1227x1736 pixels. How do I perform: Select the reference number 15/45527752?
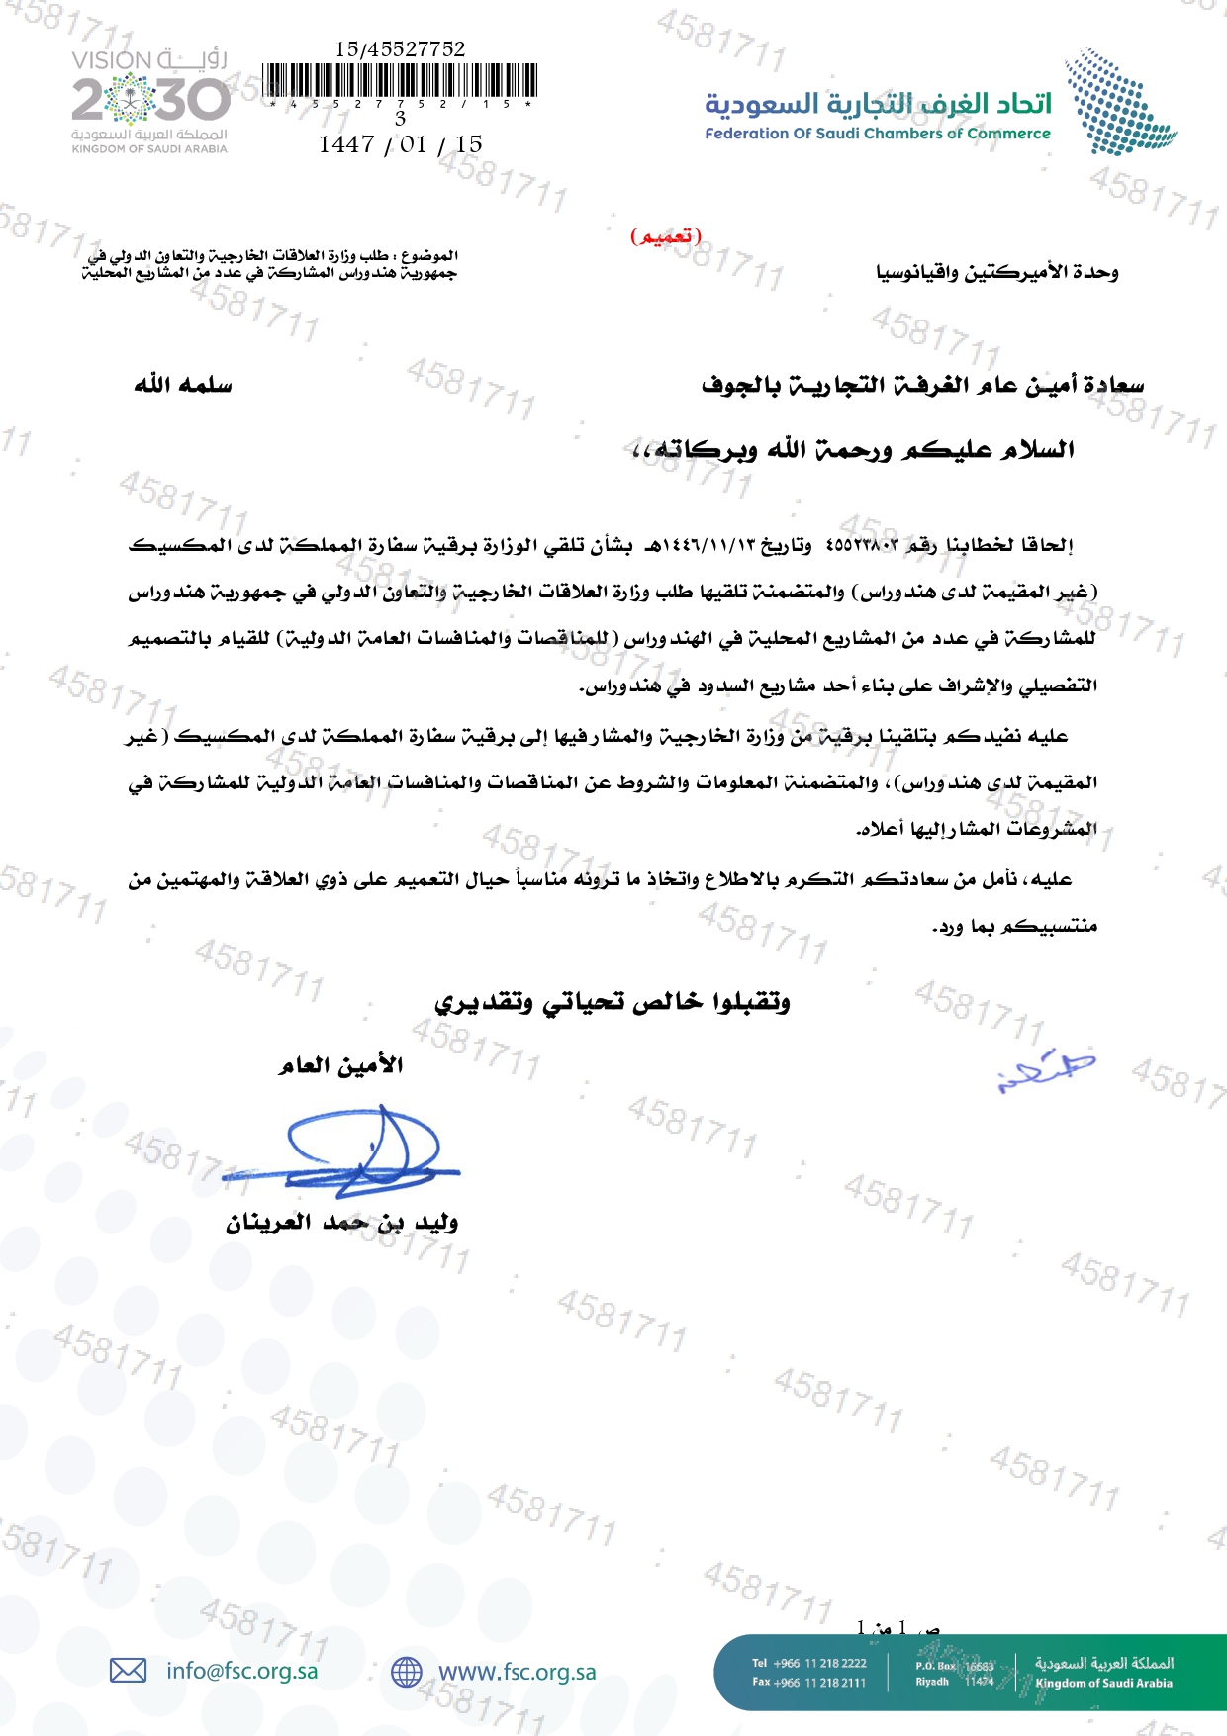point(400,48)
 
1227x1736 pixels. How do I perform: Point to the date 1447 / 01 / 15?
point(401,144)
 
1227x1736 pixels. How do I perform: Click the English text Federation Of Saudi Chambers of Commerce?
point(878,134)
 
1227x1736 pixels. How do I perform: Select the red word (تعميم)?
point(666,236)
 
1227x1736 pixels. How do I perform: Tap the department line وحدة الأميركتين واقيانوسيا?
point(996,272)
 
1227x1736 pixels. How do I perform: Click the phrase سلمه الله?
point(183,384)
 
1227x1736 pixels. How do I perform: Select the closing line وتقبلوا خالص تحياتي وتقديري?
point(613,1002)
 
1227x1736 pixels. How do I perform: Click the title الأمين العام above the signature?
point(341,1065)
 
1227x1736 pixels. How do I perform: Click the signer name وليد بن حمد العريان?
point(341,1223)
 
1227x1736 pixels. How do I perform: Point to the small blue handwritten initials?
point(1047,1070)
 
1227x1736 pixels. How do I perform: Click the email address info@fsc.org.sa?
point(242,1671)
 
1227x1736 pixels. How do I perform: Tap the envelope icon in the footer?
point(128,1671)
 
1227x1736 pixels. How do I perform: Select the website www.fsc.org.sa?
point(517,1672)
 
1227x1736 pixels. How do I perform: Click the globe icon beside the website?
point(406,1672)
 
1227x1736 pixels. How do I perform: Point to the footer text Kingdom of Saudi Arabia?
point(1103,1683)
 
